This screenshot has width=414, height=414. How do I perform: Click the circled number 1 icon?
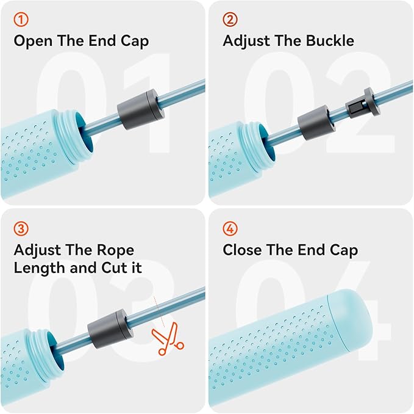click(21, 20)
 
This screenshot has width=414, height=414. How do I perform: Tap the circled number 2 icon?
click(230, 20)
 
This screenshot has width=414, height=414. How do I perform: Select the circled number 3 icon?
click(21, 228)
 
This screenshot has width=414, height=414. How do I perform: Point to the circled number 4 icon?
click(230, 228)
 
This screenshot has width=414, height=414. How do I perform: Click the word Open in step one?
click(33, 42)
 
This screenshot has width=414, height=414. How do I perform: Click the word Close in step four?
click(243, 250)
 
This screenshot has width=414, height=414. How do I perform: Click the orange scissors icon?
click(168, 339)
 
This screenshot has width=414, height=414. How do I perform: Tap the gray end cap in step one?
click(141, 109)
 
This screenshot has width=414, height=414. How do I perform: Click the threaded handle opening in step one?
click(73, 137)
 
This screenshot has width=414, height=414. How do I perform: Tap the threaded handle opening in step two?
click(256, 148)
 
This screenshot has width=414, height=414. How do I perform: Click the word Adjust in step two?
click(246, 42)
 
